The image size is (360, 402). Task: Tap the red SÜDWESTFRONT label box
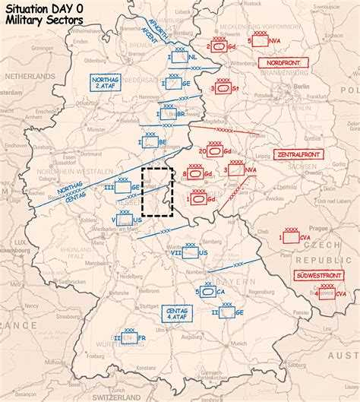(319, 275)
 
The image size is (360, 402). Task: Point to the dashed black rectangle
(157, 192)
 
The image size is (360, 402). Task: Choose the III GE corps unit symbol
(125, 187)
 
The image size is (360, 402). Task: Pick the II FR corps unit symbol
(129, 338)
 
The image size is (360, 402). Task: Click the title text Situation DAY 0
(44, 8)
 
